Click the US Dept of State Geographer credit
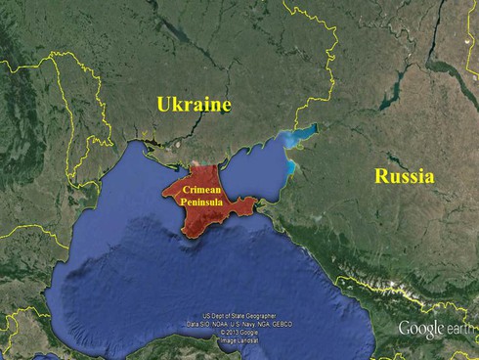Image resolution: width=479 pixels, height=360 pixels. click(x=240, y=316)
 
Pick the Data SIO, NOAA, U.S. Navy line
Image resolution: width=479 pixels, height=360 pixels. click(x=240, y=324)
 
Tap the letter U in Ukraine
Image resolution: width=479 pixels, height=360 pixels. click(x=163, y=105)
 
